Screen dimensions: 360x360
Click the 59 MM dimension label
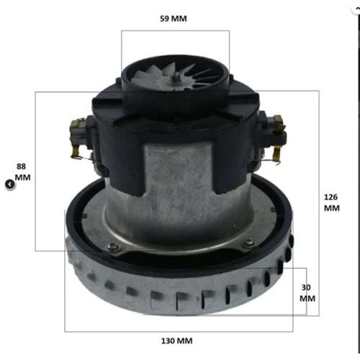point(173,19)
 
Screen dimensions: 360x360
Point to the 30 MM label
point(307,292)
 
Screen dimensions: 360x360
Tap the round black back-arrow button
point(9,184)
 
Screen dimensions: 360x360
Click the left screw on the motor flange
point(111,247)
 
